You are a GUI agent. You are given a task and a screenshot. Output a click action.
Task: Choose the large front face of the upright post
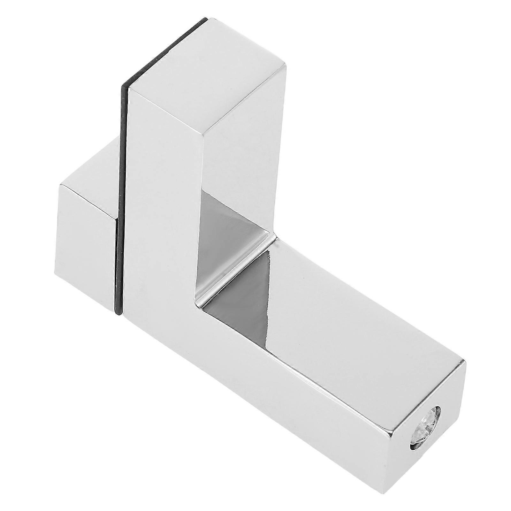160,224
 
